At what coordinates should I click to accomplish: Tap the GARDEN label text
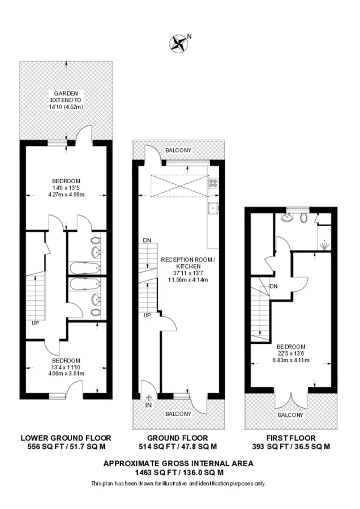[66, 93]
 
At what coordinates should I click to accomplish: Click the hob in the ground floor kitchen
[213, 183]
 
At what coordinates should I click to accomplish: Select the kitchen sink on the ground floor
[213, 208]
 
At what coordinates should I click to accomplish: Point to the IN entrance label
[148, 405]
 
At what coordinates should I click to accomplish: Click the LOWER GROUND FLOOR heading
[66, 438]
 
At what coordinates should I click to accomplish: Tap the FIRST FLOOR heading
[291, 438]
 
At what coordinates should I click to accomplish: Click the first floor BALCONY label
[290, 415]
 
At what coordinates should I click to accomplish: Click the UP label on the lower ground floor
[35, 323]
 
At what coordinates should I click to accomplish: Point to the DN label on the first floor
[273, 286]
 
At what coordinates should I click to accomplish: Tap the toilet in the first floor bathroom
[304, 217]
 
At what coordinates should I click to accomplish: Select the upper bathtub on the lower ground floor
[84, 269]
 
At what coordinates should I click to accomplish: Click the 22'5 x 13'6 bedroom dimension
[291, 353]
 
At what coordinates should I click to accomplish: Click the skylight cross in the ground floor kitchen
[179, 186]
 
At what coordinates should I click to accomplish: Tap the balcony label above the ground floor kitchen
[178, 150]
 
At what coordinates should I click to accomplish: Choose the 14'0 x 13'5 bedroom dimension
[66, 188]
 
